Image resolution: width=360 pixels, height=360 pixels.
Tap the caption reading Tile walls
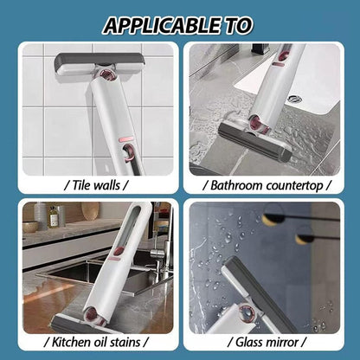click(95, 183)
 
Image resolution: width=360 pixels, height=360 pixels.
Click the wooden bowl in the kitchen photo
click(31, 226)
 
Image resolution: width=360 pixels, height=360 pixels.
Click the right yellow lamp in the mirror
click(305, 237)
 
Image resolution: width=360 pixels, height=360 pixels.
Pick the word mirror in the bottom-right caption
click(281, 341)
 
